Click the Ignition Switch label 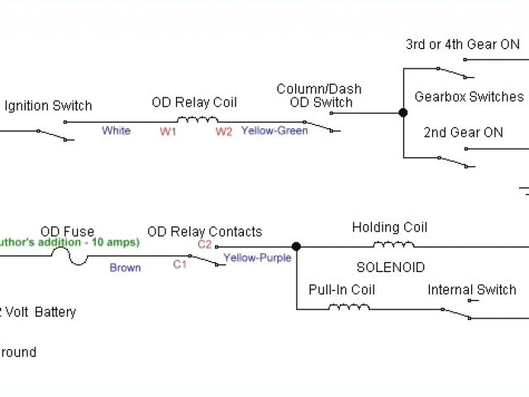pos(48,106)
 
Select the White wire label pos(116,131)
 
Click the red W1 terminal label pos(169,132)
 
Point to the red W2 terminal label pos(223,132)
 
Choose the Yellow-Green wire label pos(274,131)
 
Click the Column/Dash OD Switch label pos(319,96)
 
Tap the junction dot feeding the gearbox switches pos(403,112)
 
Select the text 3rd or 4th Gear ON pos(463,45)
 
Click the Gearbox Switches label pos(469,97)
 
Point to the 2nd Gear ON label pos(463,132)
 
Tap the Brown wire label pos(125,268)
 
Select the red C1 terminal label pos(179,265)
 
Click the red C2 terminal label pos(204,244)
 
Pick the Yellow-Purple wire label pos(257,258)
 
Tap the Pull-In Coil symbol pos(349,306)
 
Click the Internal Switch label pos(471,289)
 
